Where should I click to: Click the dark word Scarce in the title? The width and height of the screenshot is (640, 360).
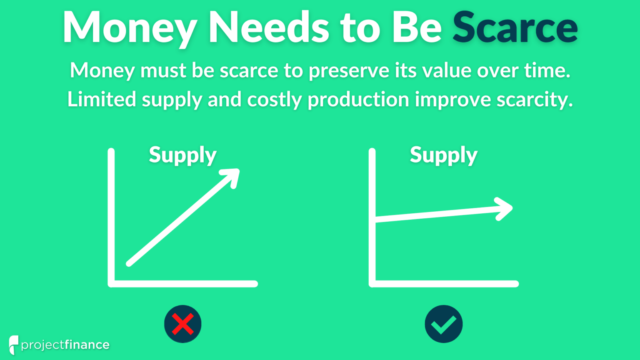[515, 27]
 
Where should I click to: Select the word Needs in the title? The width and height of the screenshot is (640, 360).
[269, 27]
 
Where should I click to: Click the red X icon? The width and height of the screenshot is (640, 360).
[182, 324]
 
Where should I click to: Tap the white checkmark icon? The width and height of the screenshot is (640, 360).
[443, 324]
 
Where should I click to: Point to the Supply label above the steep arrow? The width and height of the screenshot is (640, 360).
[182, 155]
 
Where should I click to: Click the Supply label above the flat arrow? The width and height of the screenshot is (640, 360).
[443, 155]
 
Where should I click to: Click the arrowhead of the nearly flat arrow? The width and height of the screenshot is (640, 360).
[504, 208]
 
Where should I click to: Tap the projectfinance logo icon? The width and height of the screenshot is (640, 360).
[13, 344]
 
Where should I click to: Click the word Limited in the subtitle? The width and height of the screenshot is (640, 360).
[102, 100]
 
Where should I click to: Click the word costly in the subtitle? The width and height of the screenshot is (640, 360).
[274, 100]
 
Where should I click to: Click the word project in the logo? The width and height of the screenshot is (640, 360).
[42, 345]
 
